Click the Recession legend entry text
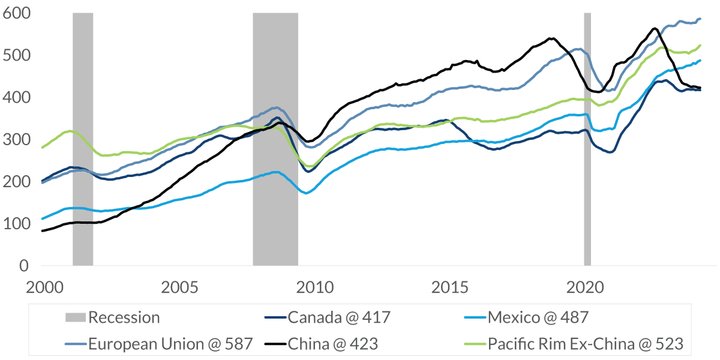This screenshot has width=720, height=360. pyautogui.click(x=124, y=317)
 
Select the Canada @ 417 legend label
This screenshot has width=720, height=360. pyautogui.click(x=339, y=317)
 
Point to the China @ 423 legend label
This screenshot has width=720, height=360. pyautogui.click(x=333, y=344)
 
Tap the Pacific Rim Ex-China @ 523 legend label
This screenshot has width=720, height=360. pyautogui.click(x=585, y=344)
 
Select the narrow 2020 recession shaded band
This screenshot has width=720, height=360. pyautogui.click(x=587, y=138)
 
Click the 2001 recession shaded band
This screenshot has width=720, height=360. pyautogui.click(x=83, y=138)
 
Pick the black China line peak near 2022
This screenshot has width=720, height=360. pyautogui.click(x=654, y=28)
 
